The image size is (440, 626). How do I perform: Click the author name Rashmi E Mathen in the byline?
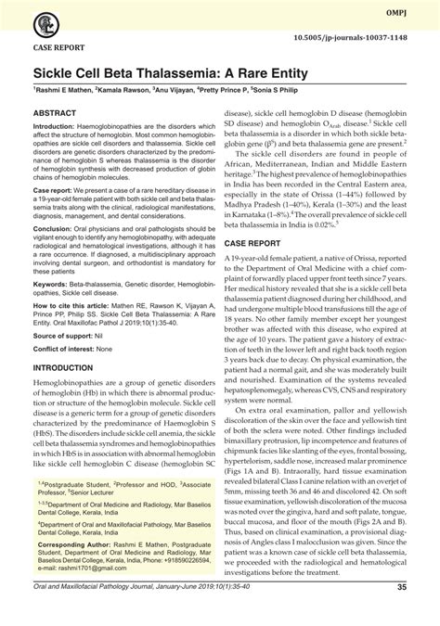(64, 91)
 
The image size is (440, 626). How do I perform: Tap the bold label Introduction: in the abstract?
(59, 125)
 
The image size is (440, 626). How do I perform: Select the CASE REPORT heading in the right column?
(254, 240)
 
